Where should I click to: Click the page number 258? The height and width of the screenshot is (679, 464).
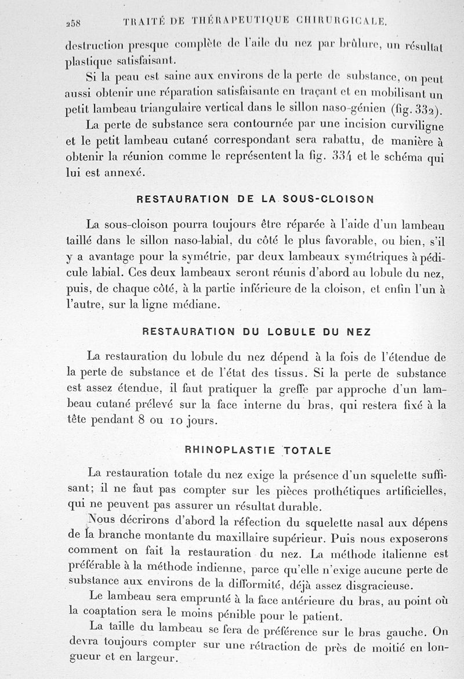point(75,23)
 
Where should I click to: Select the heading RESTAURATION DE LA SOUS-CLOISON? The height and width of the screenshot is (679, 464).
point(255,198)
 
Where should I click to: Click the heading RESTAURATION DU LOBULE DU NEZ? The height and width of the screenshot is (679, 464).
point(256,331)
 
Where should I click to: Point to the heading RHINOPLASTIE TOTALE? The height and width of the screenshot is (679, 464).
point(258,450)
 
